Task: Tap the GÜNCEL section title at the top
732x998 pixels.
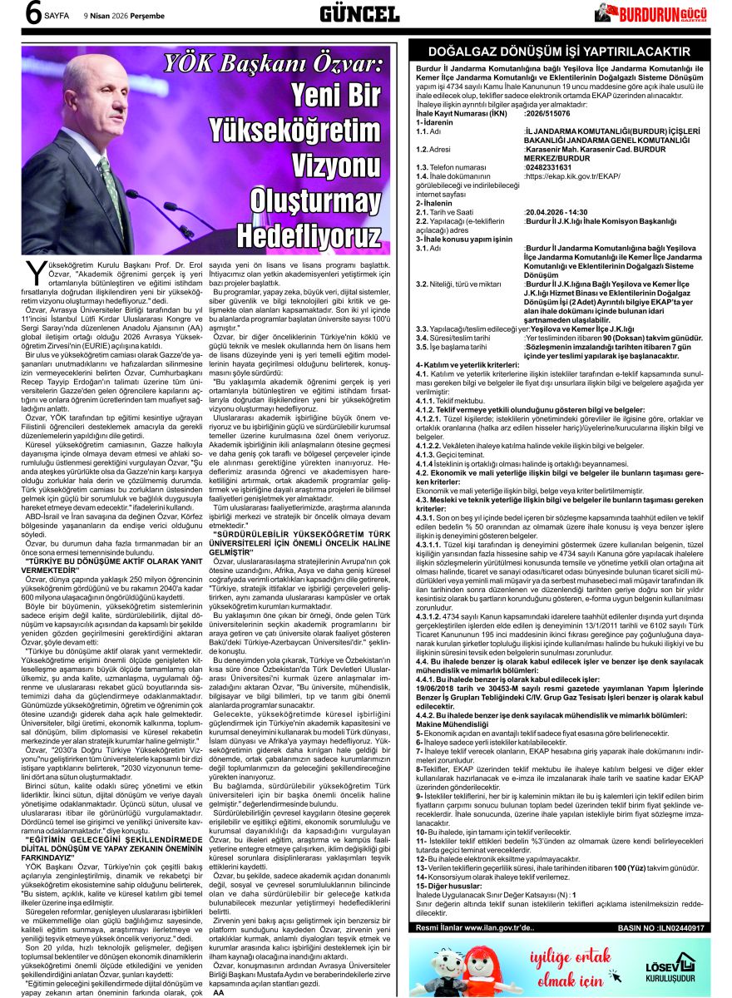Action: click(360, 13)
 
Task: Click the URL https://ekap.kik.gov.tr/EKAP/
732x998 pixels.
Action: click(573, 176)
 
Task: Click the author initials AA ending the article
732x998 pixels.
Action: click(219, 992)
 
